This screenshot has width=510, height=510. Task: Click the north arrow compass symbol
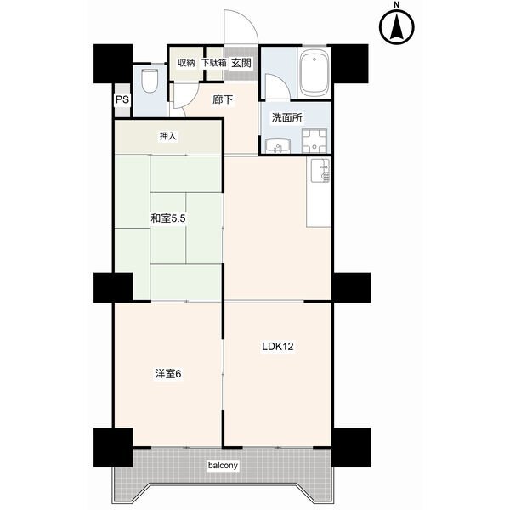(397, 27)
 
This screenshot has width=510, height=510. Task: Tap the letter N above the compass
(396, 4)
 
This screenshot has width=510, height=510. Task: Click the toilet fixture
(150, 80)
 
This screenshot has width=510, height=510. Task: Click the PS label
(122, 99)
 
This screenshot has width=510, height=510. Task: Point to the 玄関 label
(241, 63)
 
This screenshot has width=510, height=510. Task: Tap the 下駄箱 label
(213, 63)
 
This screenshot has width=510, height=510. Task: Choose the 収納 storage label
(186, 63)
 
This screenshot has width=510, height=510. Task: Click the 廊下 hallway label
(223, 99)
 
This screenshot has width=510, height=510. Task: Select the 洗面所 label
(287, 118)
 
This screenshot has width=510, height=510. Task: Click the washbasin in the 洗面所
(278, 145)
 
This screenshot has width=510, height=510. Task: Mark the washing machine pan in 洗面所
(314, 141)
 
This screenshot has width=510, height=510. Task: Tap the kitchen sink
(320, 171)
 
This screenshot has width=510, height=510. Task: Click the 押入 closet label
(167, 136)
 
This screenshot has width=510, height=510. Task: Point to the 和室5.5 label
(167, 218)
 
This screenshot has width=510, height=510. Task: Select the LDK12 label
(278, 347)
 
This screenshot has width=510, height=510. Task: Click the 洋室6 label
(168, 374)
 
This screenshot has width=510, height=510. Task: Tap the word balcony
(223, 466)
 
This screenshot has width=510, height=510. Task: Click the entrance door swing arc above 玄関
(248, 20)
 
